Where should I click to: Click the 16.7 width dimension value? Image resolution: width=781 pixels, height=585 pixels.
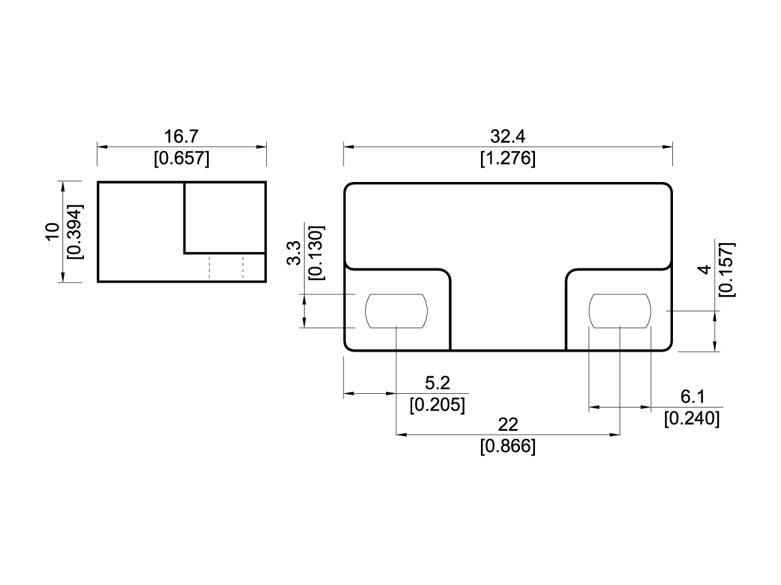[182, 136]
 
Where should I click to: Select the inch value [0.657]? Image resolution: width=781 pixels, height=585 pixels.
[182, 158]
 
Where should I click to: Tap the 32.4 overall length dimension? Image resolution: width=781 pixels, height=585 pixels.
[508, 136]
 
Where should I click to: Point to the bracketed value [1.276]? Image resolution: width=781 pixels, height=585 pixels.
[508, 158]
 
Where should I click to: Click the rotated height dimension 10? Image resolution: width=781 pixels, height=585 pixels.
[52, 232]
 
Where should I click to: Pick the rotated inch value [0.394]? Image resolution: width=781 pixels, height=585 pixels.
[74, 232]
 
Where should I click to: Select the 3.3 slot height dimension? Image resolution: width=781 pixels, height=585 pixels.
[294, 253]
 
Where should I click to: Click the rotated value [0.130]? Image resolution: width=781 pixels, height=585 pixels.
[316, 253]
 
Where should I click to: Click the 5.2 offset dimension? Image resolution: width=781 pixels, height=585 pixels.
[437, 383]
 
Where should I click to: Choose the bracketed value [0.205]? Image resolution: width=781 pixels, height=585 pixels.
[437, 404]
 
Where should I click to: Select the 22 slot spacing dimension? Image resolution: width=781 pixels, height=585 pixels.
[508, 424]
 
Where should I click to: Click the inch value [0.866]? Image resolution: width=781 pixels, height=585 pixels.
[508, 447]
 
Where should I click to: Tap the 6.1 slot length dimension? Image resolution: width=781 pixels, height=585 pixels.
[692, 396]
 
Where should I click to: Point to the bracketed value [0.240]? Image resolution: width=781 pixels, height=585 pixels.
[692, 419]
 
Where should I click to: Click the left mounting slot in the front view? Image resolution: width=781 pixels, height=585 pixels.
[396, 311]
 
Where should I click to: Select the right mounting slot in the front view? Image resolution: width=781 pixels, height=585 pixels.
[620, 311]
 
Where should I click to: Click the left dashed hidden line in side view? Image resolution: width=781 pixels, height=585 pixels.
[209, 267]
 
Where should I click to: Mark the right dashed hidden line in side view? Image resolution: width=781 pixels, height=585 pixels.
[243, 267]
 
